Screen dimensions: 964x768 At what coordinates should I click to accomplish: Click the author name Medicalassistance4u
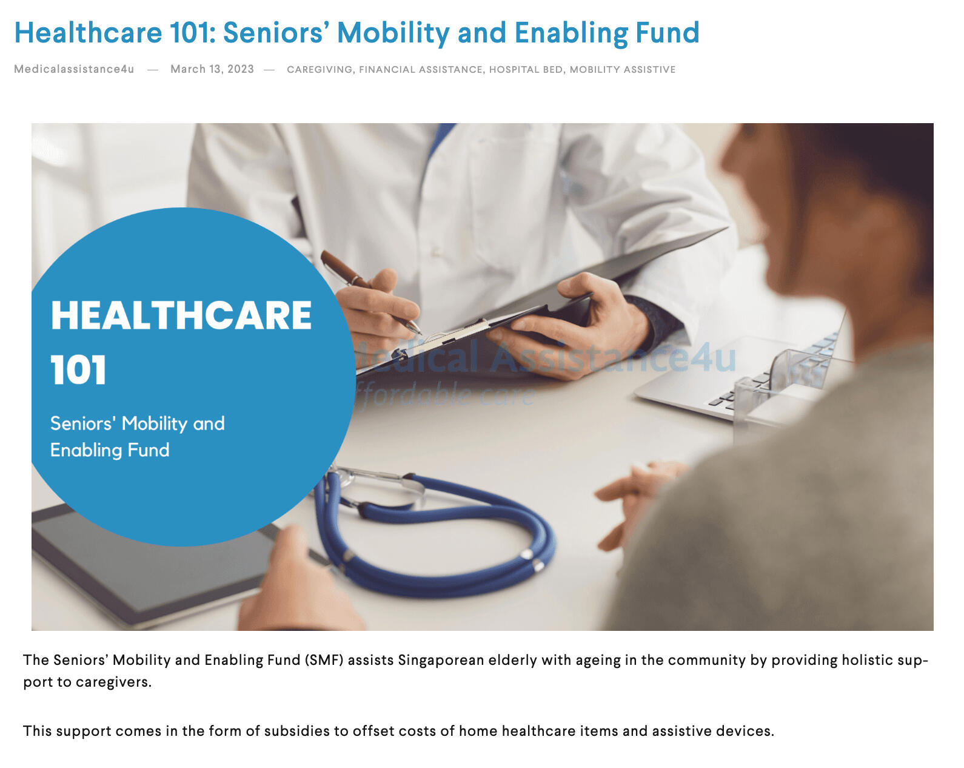tap(74, 69)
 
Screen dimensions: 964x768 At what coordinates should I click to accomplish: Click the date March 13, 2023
tap(212, 69)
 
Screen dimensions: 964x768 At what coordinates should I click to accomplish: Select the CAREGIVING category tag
tap(320, 70)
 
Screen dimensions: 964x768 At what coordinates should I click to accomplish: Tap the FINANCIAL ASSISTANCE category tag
tap(421, 70)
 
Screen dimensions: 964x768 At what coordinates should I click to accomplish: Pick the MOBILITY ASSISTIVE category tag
tap(622, 70)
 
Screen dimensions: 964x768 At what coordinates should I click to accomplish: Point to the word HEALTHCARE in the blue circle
tap(181, 315)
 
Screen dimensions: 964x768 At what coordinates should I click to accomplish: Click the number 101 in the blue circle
tap(78, 370)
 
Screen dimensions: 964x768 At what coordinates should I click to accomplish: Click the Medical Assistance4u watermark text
tap(544, 358)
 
